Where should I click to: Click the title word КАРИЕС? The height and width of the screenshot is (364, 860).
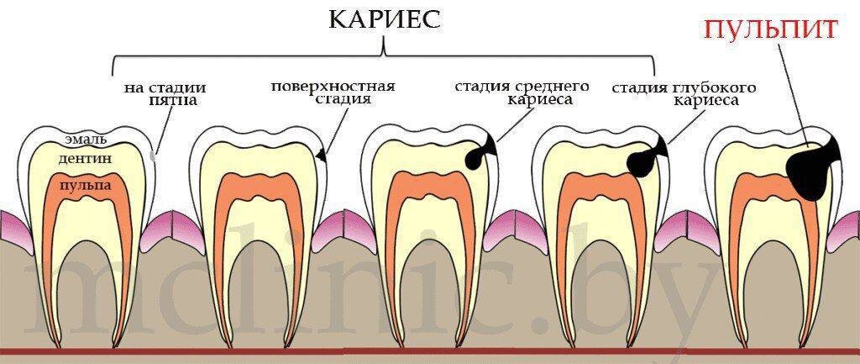pyautogui.click(x=385, y=19)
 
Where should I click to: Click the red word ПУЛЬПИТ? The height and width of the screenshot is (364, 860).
pyautogui.click(x=771, y=29)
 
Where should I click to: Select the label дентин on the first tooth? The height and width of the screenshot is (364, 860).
pyautogui.click(x=87, y=159)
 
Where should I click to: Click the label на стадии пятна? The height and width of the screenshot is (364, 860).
pyautogui.click(x=165, y=93)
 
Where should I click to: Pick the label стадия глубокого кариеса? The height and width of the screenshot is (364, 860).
pyautogui.click(x=684, y=93)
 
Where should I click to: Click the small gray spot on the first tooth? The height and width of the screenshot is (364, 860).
pyautogui.click(x=152, y=155)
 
